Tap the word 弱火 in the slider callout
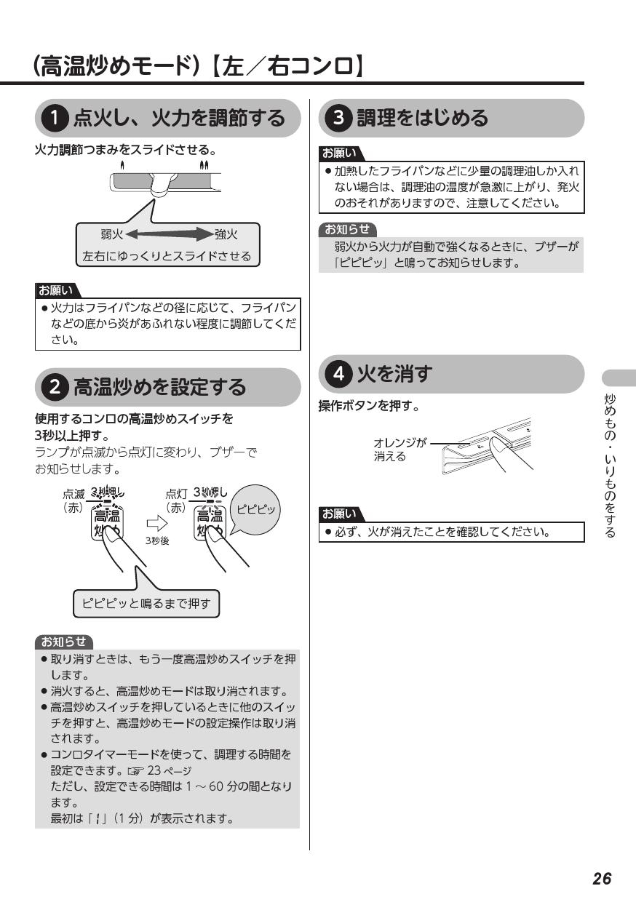coord(111,234)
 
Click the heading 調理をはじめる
coord(421,118)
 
